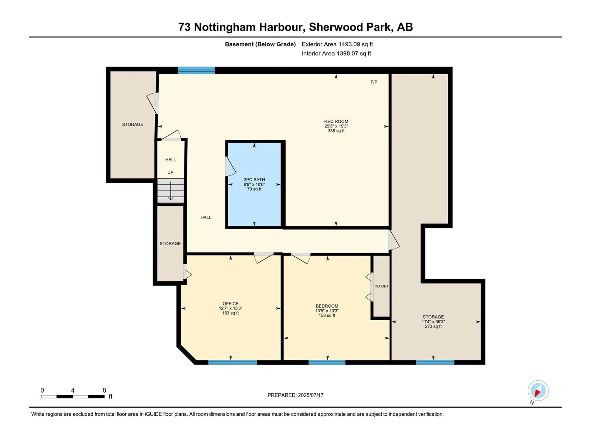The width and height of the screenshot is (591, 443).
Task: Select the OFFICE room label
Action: click(x=231, y=304)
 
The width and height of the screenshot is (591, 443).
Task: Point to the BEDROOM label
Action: click(x=327, y=306)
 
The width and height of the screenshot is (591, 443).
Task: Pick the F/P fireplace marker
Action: click(x=374, y=82)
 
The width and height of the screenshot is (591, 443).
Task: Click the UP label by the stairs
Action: click(x=171, y=172)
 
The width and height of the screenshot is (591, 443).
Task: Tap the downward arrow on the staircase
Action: click(x=171, y=191)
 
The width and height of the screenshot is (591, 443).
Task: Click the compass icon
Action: click(x=538, y=391)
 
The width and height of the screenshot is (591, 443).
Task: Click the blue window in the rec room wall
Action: click(x=196, y=70)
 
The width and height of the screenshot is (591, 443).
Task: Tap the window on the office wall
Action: click(x=232, y=362)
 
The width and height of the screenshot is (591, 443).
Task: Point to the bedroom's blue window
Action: click(x=327, y=362)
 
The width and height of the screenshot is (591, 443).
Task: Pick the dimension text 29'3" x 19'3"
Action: click(x=336, y=126)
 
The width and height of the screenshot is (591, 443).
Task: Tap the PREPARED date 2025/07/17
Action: click(x=311, y=395)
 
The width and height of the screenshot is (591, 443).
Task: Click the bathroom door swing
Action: click(x=230, y=166)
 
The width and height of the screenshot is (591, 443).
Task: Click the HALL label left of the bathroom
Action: click(x=206, y=217)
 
